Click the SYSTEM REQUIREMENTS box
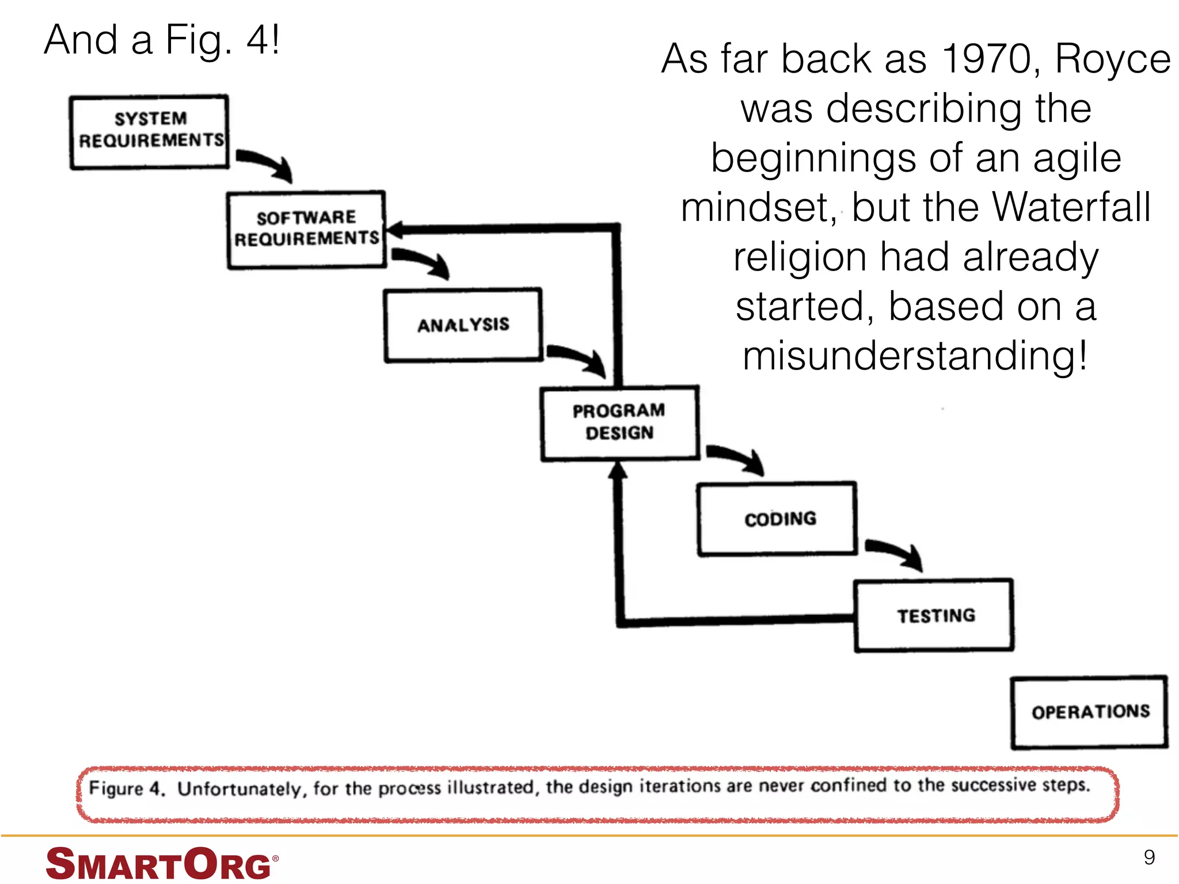coord(149,132)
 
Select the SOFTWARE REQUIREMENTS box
coord(306,230)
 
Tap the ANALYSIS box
coord(463,325)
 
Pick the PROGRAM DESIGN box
coord(619,423)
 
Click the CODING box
coord(777,519)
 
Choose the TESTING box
coord(934,616)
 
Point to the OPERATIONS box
coord(1089,712)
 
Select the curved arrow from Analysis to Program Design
coord(577,357)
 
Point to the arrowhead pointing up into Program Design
coord(618,471)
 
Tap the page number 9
coord(1148,858)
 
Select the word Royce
coord(1112,60)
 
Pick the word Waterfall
coord(1071,207)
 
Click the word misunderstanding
coord(914,356)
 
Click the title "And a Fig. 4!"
coord(162,40)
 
